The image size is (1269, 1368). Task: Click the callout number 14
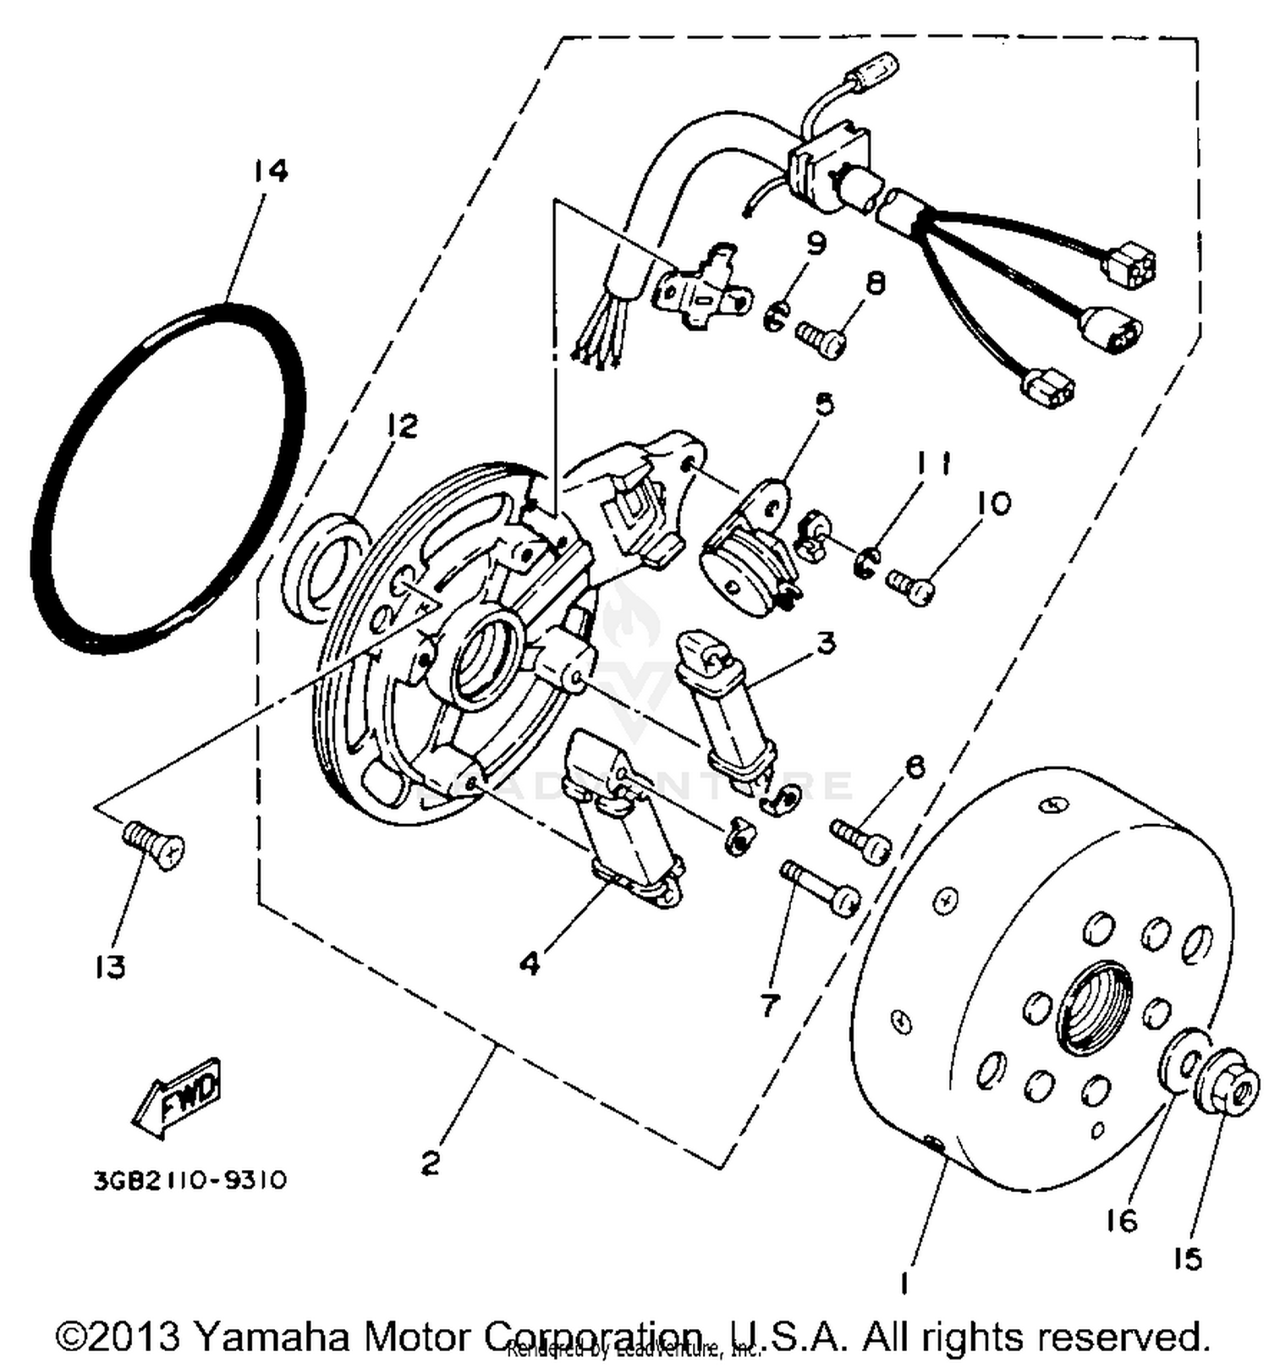click(270, 172)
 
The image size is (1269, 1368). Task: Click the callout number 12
click(403, 426)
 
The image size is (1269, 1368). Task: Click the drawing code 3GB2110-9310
click(190, 1179)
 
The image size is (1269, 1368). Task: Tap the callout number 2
click(431, 1164)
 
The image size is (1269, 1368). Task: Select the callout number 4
click(530, 963)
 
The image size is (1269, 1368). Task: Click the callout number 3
click(825, 643)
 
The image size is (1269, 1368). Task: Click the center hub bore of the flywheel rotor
click(1095, 1009)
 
